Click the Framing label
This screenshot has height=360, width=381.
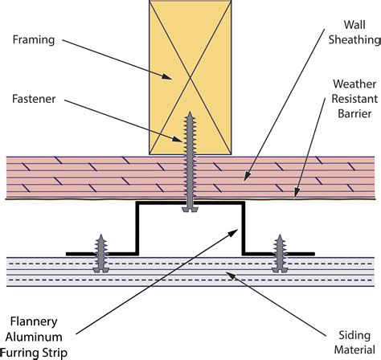coord(34,40)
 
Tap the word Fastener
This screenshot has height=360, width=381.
coord(34,99)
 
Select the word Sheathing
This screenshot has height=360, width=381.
coord(354,40)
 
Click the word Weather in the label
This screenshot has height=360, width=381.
coord(354,84)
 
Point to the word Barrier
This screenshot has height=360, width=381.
coord(354,113)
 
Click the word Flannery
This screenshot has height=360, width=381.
coord(34,322)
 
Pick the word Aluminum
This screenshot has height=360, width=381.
coord(34,337)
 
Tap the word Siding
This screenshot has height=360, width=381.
coord(354,336)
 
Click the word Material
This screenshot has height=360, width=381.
coord(354,350)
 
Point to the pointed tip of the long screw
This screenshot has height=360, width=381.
coord(190,112)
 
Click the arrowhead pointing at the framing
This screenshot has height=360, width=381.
coord(167,76)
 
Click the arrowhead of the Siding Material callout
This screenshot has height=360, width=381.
coord(231,275)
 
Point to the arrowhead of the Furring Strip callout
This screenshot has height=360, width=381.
coord(234,232)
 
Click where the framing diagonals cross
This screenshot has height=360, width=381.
coord(190,78)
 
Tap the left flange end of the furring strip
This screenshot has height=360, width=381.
coord(67,254)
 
